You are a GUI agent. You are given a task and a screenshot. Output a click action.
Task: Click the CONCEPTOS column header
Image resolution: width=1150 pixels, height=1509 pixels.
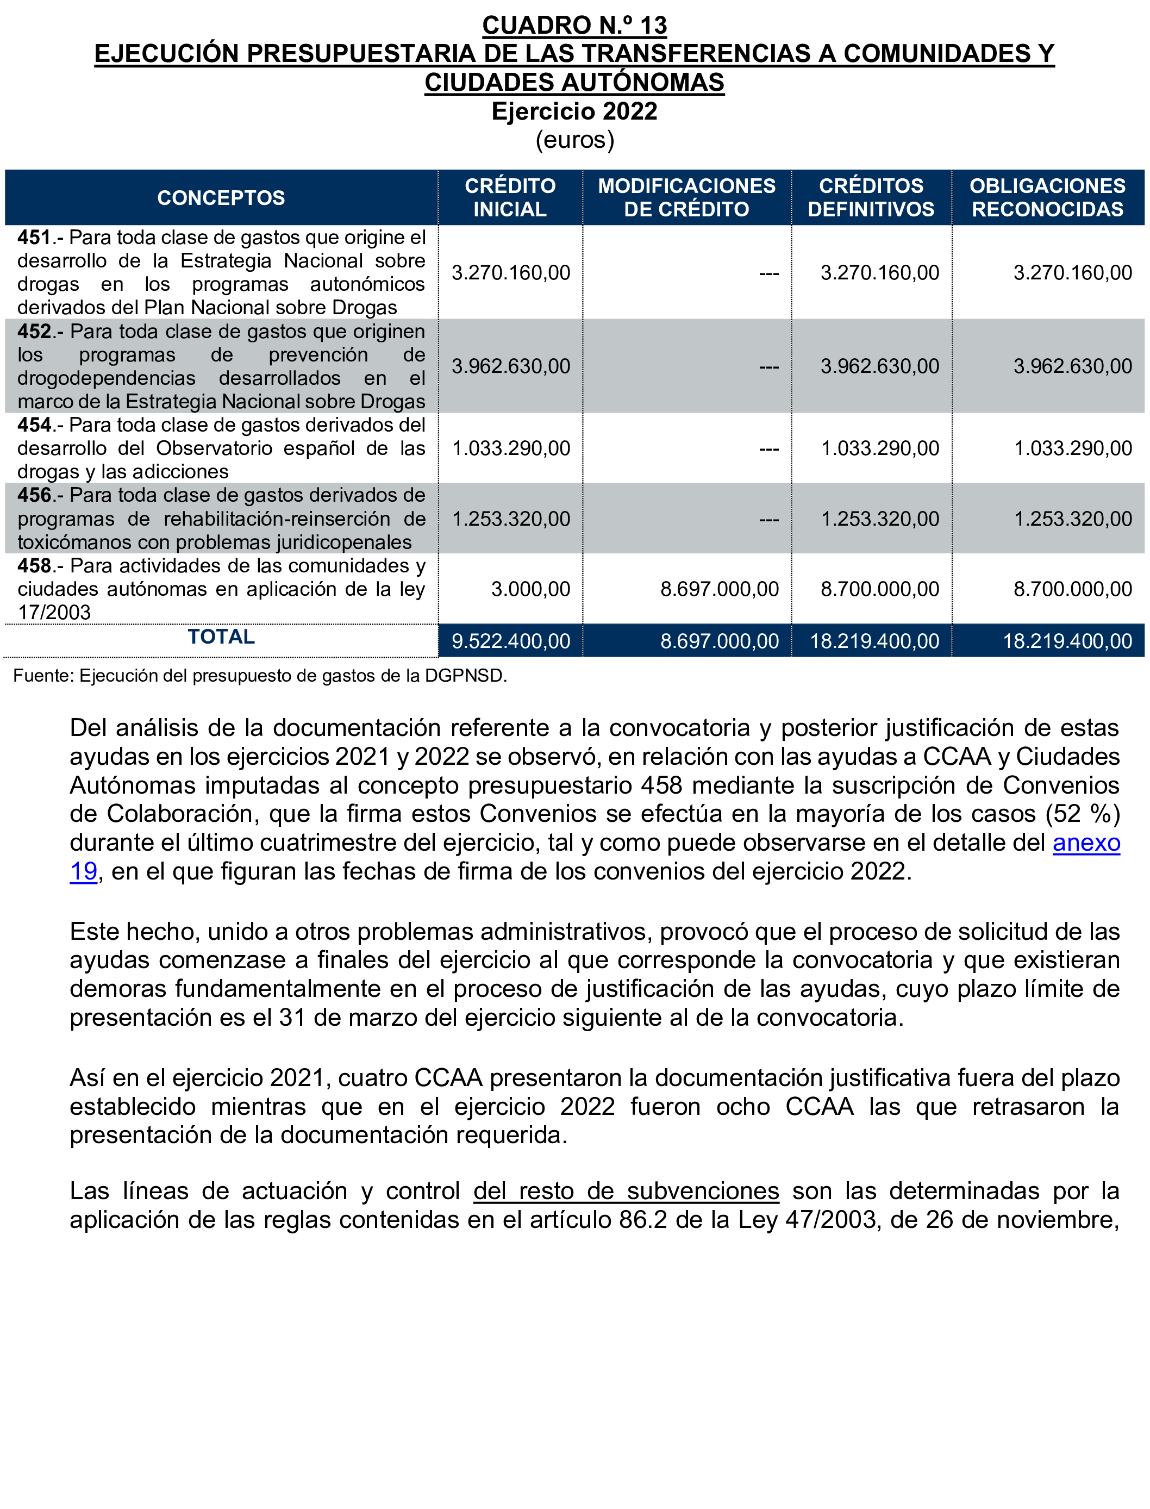(x=221, y=198)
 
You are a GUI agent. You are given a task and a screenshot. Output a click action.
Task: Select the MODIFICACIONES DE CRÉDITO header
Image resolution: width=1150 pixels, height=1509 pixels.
(x=686, y=197)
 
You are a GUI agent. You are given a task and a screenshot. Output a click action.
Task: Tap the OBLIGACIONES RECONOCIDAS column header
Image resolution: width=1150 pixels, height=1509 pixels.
(x=1047, y=197)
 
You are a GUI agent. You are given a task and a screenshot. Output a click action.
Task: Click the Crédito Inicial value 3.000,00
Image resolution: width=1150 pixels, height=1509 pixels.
(x=530, y=589)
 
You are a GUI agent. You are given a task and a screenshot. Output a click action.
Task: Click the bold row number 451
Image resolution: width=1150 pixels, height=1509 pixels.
(x=34, y=238)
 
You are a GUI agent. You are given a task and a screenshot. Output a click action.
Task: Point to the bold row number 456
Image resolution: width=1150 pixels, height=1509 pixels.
(x=34, y=495)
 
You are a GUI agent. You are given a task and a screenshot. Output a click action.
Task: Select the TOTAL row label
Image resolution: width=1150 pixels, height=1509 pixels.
(x=221, y=637)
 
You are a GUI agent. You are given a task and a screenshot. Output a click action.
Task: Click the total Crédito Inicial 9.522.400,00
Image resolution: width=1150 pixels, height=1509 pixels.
(x=511, y=641)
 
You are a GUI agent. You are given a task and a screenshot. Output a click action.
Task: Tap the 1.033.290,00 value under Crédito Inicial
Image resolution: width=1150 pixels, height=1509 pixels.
(x=511, y=448)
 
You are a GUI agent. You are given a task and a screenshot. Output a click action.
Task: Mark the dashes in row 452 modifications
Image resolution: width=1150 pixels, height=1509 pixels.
(x=768, y=367)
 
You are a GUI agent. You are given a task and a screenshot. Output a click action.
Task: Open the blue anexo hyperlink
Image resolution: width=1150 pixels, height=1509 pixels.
(x=1086, y=843)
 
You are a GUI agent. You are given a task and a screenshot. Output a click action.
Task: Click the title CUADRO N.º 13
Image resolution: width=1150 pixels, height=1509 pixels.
(x=574, y=26)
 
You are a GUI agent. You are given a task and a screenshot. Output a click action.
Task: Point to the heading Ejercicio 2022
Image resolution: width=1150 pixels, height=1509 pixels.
(x=574, y=111)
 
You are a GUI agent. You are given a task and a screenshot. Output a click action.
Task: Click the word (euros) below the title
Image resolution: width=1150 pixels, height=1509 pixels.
(x=574, y=140)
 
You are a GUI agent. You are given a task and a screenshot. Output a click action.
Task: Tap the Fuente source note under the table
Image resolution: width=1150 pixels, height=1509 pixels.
(x=260, y=676)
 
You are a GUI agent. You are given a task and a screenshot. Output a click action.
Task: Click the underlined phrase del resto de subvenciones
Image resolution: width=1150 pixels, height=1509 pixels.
(x=626, y=1190)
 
